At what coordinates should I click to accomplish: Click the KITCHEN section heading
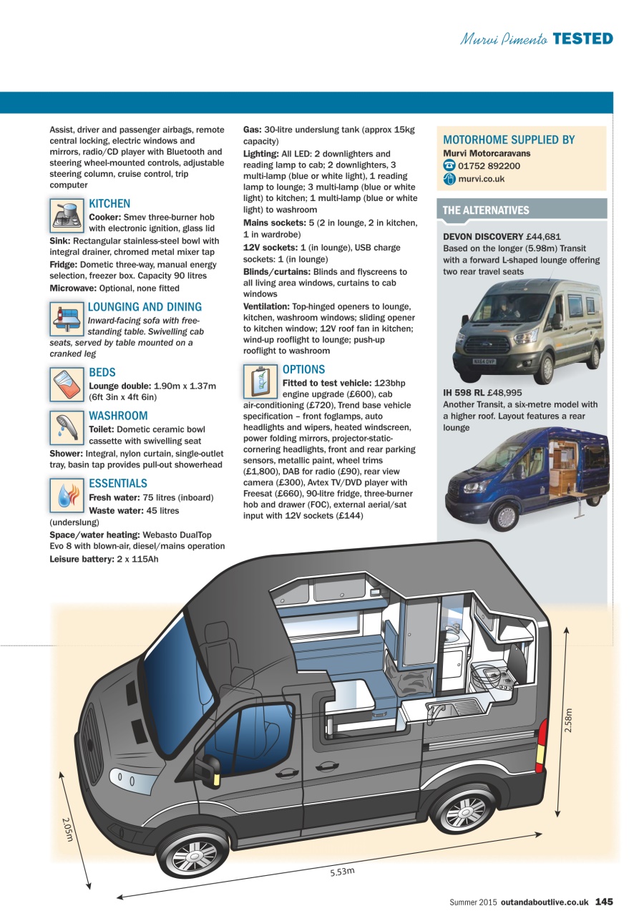click(109, 204)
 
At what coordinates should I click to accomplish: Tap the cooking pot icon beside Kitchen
click(67, 215)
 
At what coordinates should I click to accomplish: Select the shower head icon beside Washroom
click(67, 427)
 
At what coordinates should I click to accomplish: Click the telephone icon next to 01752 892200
click(449, 166)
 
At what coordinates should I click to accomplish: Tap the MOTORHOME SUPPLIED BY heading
click(508, 140)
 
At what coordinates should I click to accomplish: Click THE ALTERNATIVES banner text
click(486, 210)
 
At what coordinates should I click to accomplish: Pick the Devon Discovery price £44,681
click(544, 236)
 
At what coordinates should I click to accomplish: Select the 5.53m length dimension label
click(342, 871)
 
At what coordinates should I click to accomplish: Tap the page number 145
click(604, 902)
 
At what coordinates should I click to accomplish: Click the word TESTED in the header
click(582, 39)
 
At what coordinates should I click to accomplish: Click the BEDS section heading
click(102, 373)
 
